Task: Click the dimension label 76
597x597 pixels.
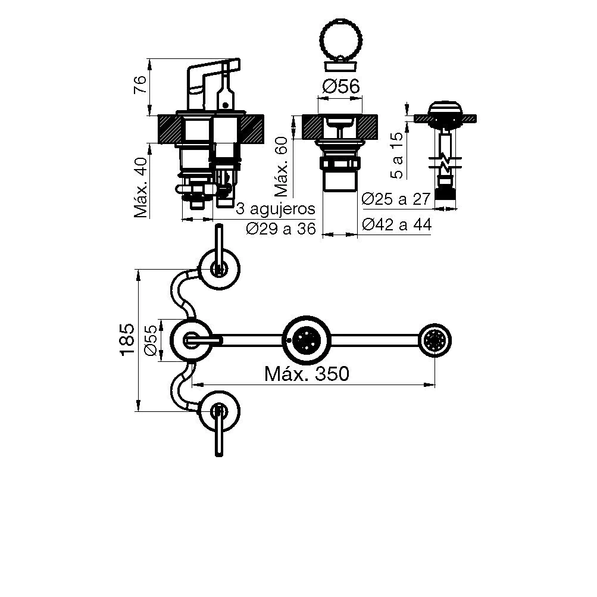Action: (139, 86)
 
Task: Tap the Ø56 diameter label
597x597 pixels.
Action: (340, 87)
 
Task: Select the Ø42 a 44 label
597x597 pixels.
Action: (396, 224)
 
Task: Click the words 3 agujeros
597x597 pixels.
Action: (275, 210)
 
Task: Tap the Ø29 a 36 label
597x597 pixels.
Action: (280, 229)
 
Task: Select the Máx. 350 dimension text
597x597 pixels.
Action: (307, 374)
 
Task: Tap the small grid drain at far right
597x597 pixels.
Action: (435, 340)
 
